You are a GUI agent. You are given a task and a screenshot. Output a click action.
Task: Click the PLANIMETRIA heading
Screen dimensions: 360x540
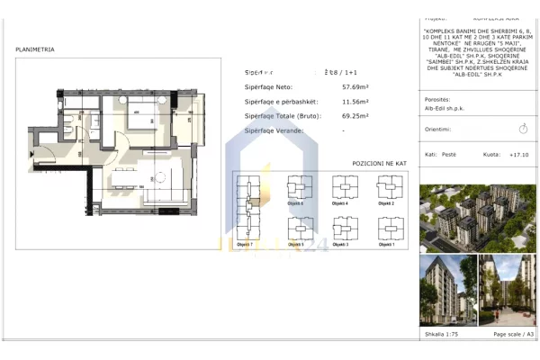35,50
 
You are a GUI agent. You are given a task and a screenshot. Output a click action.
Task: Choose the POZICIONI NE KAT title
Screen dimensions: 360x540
380,164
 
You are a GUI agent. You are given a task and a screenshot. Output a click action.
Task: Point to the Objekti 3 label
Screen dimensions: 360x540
341,244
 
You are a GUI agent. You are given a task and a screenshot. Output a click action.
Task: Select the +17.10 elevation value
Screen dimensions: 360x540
518,155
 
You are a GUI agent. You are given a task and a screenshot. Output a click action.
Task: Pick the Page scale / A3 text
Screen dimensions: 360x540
514,335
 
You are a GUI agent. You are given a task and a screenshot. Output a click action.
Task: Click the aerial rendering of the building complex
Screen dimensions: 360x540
478,218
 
